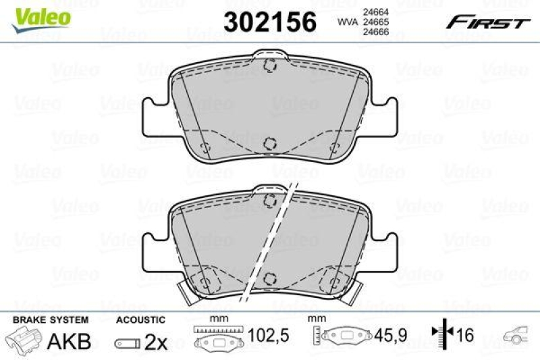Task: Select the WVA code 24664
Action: [x=375, y=11]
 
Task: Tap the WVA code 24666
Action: [x=375, y=32]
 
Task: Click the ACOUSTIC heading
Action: [x=140, y=319]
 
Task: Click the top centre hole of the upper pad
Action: [x=270, y=66]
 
